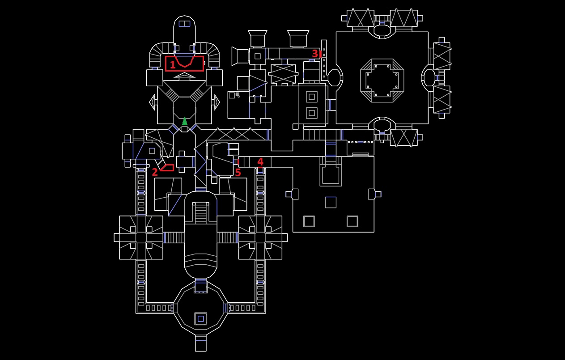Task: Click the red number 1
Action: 172,65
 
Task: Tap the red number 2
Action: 155,172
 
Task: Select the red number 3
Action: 315,54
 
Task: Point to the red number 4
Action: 260,162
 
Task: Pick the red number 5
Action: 238,173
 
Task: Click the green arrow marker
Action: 184,121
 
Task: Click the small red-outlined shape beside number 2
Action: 167,168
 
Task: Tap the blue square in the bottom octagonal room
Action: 200,318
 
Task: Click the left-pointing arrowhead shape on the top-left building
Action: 152,102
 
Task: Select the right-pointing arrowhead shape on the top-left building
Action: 217,102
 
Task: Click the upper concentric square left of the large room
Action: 311,97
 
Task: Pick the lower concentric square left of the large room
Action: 311,113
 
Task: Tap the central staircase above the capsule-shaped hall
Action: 200,212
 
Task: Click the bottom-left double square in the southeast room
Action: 309,221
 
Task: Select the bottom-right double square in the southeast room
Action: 352,221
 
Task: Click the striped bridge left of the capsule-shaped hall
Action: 174,237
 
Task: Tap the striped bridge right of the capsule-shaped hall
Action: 227,237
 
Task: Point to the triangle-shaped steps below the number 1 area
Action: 184,76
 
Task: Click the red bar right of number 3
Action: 320,54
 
